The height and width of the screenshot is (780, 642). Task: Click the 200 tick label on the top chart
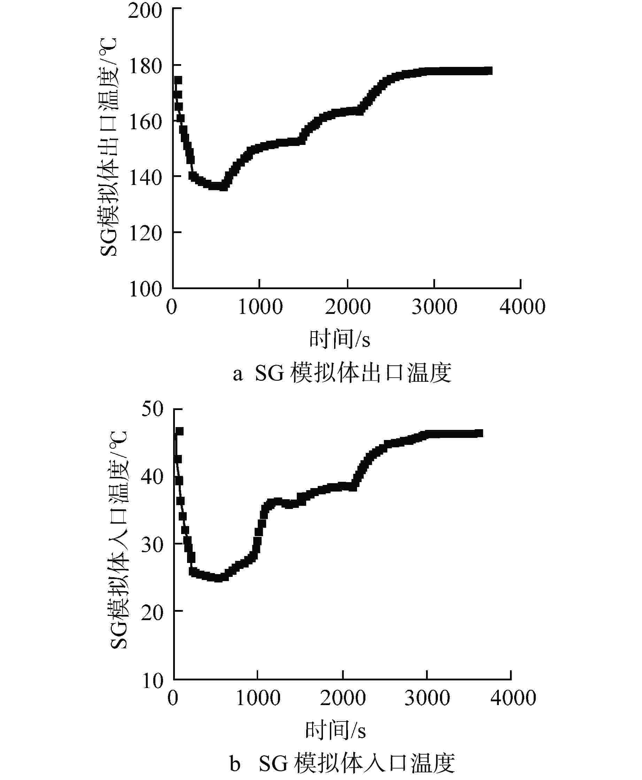tap(145, 11)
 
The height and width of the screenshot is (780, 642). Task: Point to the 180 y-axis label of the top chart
tap(145, 67)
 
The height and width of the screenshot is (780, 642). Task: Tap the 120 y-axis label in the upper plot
tap(145, 233)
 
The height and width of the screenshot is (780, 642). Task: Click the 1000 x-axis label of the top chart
tap(260, 307)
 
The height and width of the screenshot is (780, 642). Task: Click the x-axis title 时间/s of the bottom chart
tap(335, 731)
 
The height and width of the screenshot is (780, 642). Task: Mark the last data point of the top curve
tap(488, 71)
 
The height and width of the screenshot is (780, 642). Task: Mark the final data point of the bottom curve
tap(479, 433)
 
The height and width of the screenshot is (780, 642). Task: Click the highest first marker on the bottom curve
tap(179, 431)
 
